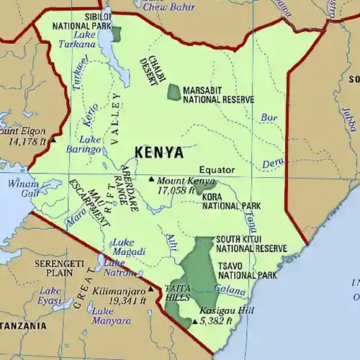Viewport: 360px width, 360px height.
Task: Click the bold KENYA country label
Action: [x=158, y=153]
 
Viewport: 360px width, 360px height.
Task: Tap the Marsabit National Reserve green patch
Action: [x=174, y=92]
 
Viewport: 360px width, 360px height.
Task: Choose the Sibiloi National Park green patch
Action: [x=116, y=34]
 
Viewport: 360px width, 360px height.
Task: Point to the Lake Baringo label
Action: [x=90, y=144]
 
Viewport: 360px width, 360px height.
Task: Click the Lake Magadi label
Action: [x=130, y=246]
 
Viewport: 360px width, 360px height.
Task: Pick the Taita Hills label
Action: [x=177, y=292]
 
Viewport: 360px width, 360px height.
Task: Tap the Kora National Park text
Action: [x=227, y=202]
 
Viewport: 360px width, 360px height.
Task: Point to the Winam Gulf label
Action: [x=24, y=188]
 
